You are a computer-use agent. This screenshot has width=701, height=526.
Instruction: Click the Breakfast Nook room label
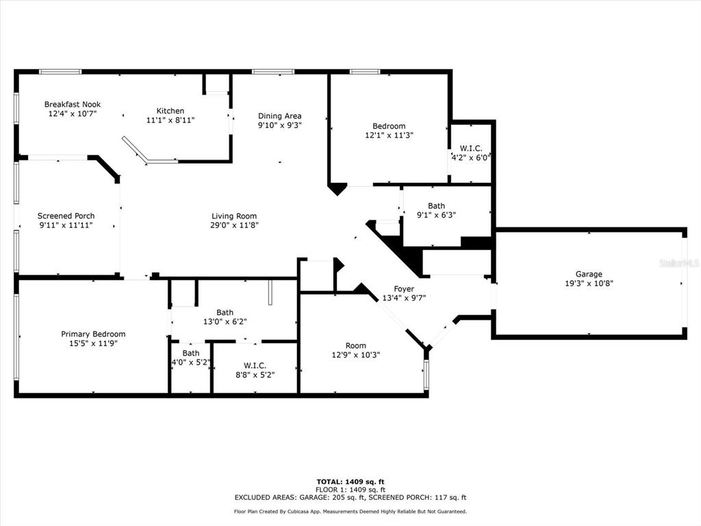(x=72, y=104)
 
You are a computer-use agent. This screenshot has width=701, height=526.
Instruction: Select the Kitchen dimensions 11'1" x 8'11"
(x=170, y=120)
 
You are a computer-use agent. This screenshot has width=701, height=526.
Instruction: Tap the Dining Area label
(x=279, y=116)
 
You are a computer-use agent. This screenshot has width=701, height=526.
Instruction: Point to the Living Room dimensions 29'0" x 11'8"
(x=234, y=225)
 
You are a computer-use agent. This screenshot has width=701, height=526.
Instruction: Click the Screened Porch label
(x=66, y=216)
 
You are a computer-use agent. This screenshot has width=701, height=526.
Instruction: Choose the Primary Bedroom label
(x=93, y=334)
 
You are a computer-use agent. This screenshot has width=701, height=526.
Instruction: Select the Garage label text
(x=589, y=274)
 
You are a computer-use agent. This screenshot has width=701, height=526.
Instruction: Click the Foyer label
(x=403, y=288)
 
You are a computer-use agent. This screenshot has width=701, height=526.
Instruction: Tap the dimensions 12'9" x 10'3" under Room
(x=355, y=355)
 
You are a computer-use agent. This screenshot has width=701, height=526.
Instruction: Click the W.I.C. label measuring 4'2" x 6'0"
(x=470, y=148)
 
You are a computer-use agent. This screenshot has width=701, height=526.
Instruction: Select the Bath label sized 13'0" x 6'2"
(x=225, y=313)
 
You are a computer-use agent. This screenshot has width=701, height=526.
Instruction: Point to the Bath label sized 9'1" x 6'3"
(x=436, y=205)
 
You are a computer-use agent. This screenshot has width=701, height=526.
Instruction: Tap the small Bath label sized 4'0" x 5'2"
(x=190, y=353)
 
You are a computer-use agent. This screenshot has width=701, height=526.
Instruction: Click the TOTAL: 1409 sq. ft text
(x=350, y=481)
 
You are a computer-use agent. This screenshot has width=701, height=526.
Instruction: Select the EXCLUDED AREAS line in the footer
(x=350, y=498)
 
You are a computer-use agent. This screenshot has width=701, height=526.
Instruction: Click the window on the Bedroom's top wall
(x=365, y=71)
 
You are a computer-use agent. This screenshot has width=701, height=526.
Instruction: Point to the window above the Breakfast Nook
(x=60, y=71)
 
